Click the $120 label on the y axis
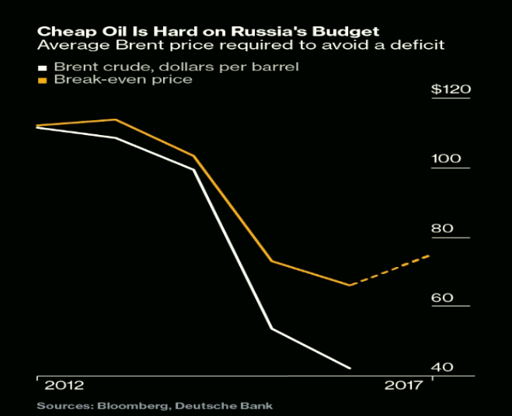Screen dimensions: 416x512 coord(451,89)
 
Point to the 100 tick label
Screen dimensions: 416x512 coord(445,158)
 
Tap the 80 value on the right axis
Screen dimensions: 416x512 coord(441,228)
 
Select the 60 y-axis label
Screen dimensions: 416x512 coord(441,298)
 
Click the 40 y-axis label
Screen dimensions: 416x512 coord(441,367)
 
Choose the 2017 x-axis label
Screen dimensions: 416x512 coord(405,385)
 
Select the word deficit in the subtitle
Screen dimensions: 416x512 coord(421,46)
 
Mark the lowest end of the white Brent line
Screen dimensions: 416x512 coord(350,368)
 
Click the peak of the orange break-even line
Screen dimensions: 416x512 coord(115,120)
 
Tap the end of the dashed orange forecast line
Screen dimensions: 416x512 coord(430,255)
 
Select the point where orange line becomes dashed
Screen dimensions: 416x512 coord(350,285)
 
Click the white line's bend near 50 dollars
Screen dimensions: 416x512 coord(271,328)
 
